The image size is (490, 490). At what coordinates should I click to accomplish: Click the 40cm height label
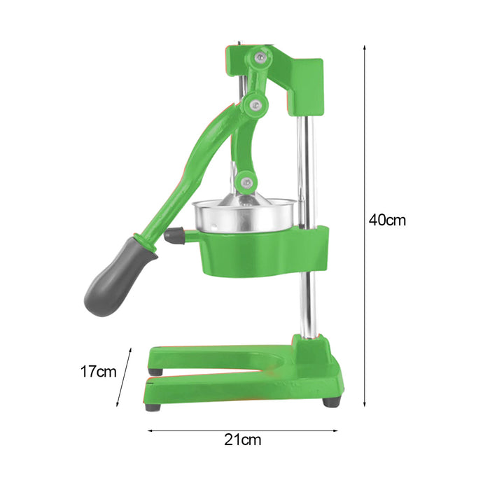tap(387, 220)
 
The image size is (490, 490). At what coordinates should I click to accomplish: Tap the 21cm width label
tap(242, 440)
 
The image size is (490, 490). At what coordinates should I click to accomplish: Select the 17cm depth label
tap(98, 372)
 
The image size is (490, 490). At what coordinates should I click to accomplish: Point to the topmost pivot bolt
tap(260, 57)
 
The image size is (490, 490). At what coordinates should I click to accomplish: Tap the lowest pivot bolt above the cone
tap(247, 181)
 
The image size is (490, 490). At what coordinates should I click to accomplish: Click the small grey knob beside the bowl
tap(174, 235)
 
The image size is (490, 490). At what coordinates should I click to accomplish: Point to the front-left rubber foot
tap(153, 407)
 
